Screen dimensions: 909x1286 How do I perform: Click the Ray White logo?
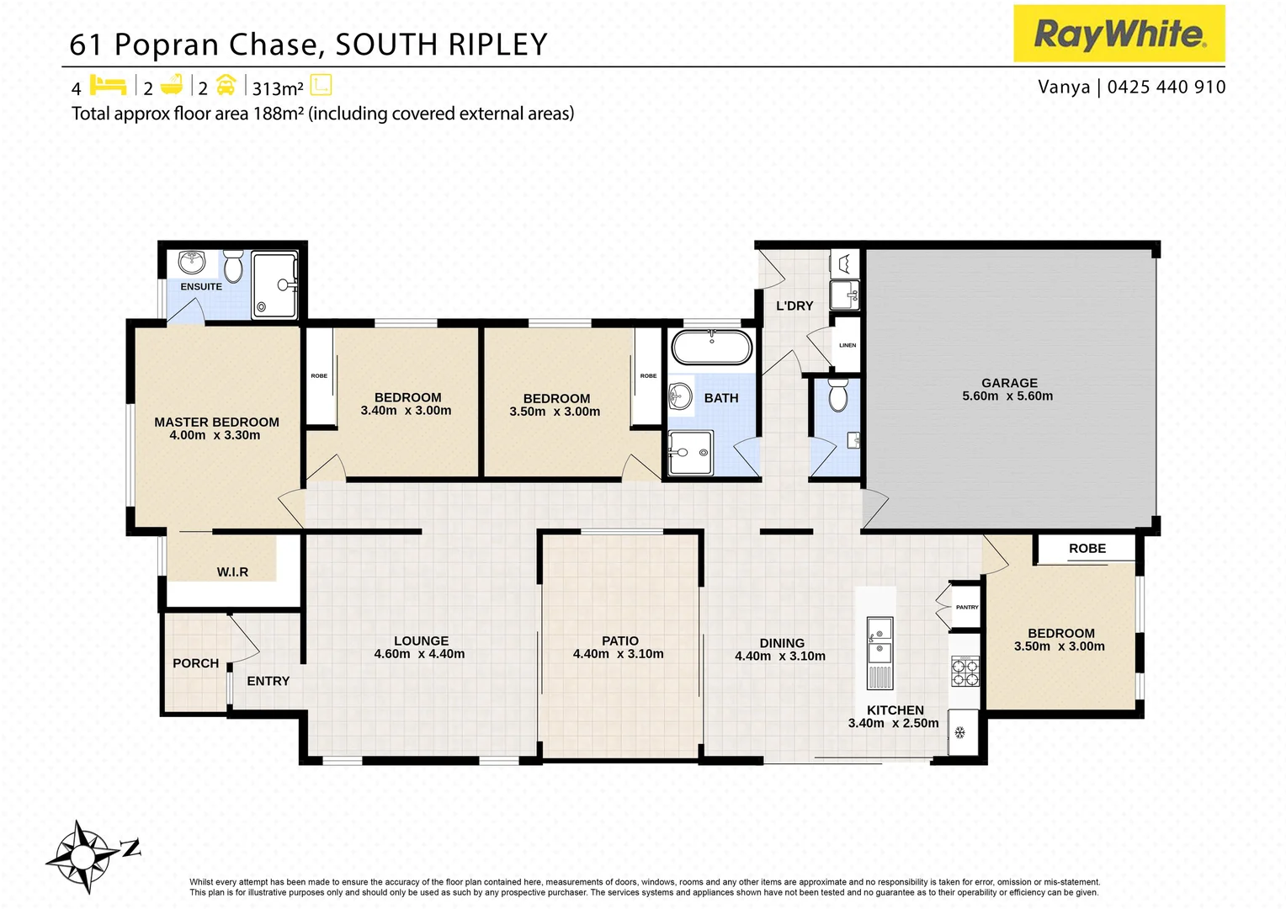[1119, 35]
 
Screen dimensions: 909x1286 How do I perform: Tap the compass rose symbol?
[83, 857]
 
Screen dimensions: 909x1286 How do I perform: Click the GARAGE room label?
[1009, 383]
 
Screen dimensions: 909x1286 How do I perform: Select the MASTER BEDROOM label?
[216, 423]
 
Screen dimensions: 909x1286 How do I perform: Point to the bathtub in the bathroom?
[711, 347]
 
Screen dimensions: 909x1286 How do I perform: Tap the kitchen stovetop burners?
[964, 672]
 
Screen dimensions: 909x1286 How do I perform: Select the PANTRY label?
[967, 607]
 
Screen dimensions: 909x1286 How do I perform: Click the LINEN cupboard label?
[848, 345]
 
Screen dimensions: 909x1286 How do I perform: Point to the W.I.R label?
[232, 572]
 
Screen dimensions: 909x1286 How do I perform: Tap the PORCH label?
[195, 663]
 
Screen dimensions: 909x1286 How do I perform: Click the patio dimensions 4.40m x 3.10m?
[619, 654]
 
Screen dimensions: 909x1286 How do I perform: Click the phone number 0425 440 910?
[1166, 87]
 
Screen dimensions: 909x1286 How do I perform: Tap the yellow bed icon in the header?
[108, 86]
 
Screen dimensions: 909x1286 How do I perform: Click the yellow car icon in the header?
[226, 86]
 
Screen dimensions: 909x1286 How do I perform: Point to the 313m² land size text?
[278, 88]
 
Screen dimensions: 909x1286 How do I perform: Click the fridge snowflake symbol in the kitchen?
[959, 732]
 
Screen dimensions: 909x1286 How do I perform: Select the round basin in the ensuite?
[192, 262]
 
